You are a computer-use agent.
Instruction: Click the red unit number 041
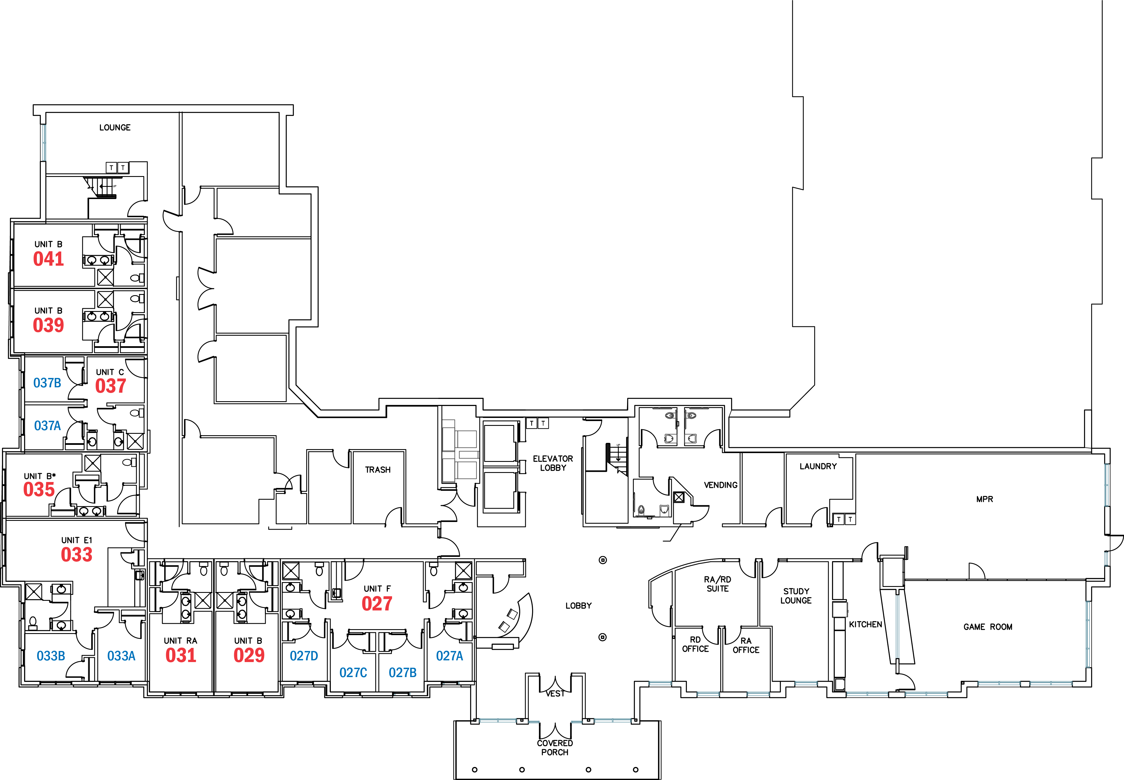click(x=48, y=259)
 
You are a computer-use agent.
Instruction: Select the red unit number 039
click(x=48, y=325)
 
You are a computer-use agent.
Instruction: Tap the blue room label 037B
click(x=47, y=383)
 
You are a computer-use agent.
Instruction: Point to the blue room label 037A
click(x=47, y=426)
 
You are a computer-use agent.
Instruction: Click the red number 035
click(x=39, y=489)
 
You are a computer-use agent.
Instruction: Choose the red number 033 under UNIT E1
click(x=77, y=554)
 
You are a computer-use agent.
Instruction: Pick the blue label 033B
click(x=51, y=656)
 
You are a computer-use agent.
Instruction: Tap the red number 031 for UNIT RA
click(x=181, y=655)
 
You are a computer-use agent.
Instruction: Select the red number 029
click(x=249, y=655)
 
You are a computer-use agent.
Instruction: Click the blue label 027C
click(x=353, y=673)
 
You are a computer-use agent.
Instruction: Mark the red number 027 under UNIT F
click(x=377, y=604)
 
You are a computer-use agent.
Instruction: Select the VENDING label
click(x=721, y=485)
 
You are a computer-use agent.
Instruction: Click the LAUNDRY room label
click(x=818, y=466)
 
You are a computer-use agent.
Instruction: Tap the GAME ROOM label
click(x=988, y=627)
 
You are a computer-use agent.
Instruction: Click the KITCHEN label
click(x=865, y=624)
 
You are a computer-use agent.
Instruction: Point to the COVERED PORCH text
click(x=555, y=748)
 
